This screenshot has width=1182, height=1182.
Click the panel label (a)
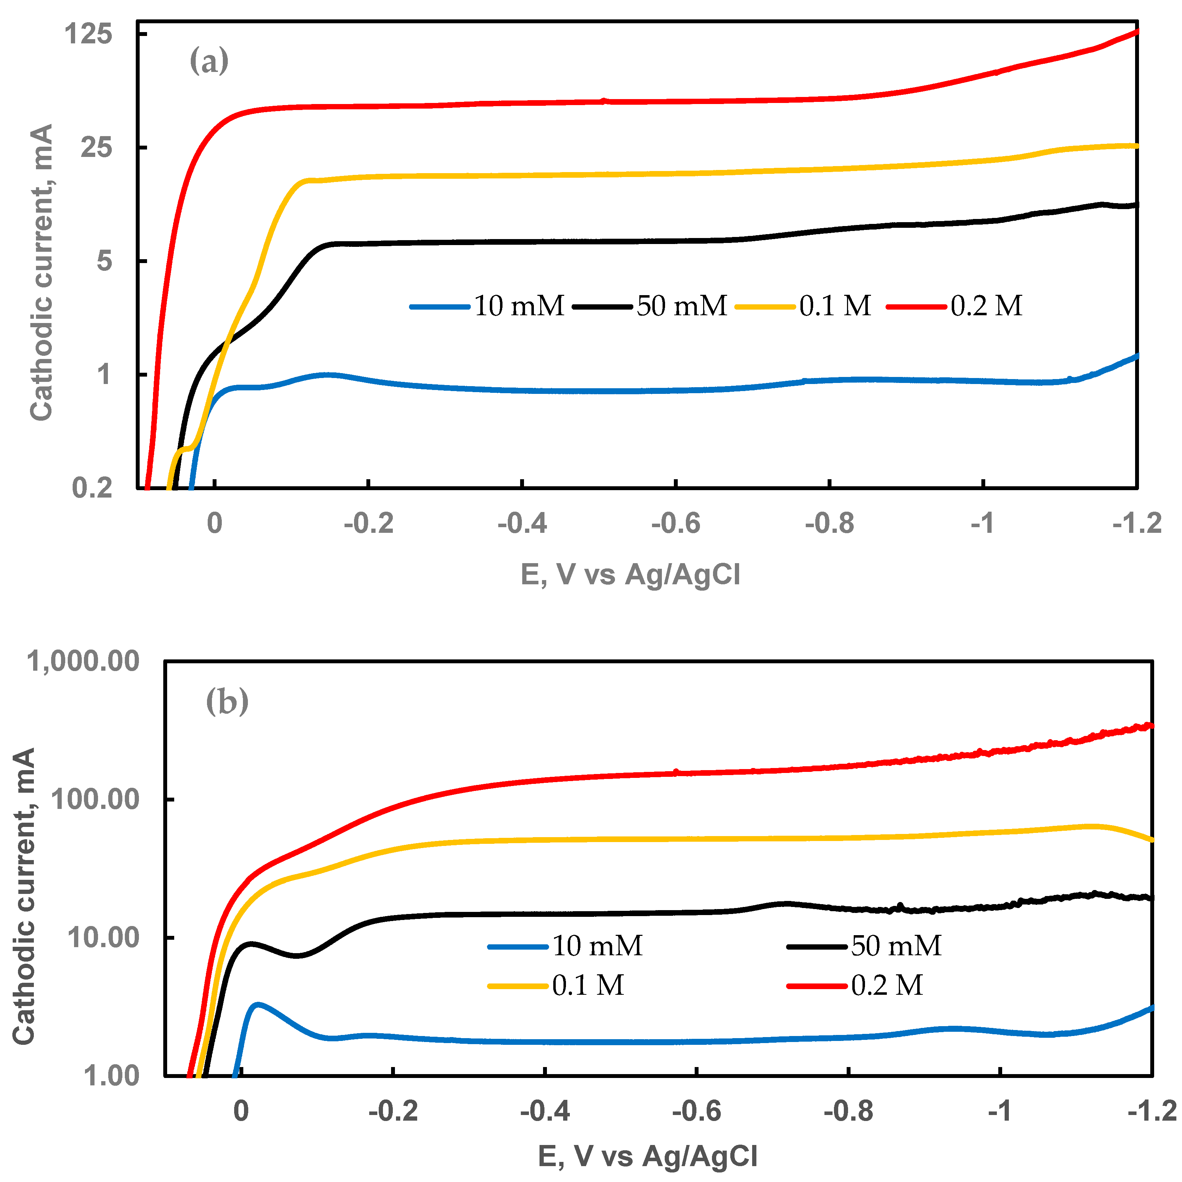click(x=209, y=61)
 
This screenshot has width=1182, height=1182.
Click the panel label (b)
click(x=227, y=701)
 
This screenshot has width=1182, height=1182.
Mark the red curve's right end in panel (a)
click(x=1136, y=31)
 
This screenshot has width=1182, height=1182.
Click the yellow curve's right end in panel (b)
click(x=1151, y=840)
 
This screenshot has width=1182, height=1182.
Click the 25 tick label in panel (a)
click(x=97, y=147)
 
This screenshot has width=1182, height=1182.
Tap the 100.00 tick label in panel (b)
click(x=95, y=799)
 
